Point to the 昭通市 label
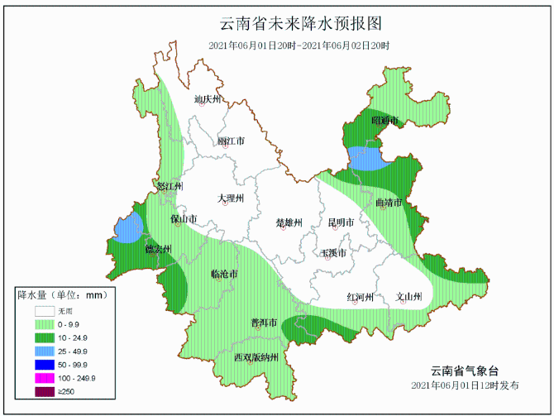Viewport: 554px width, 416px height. [385, 121]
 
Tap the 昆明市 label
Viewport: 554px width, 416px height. [341, 222]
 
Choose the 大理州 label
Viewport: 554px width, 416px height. [231, 198]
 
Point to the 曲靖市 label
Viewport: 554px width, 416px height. [388, 203]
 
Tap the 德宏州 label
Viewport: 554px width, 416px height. [158, 249]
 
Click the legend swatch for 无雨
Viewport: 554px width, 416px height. [45, 312]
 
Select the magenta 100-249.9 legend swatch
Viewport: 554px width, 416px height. [45, 378]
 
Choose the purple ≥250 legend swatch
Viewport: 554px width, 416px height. [45, 391]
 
